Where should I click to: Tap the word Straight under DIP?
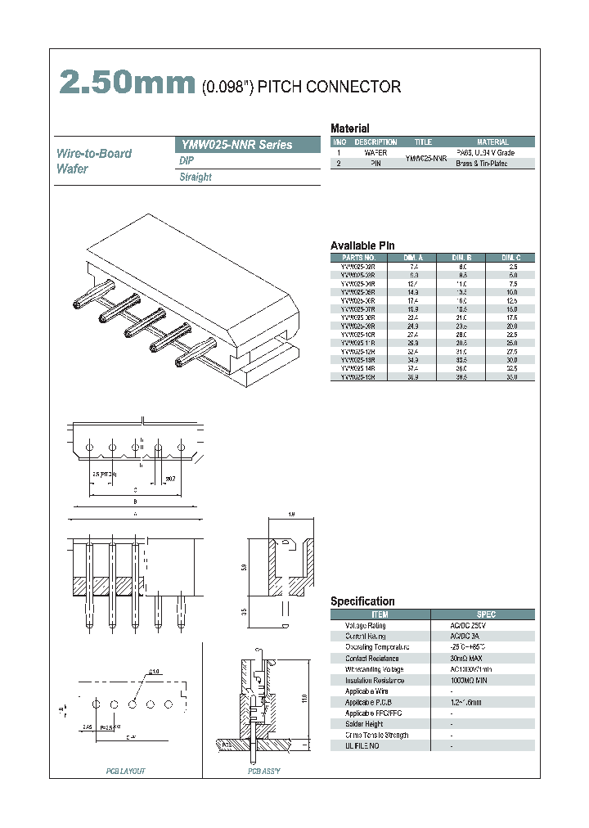(x=196, y=177)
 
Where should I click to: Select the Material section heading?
(x=349, y=128)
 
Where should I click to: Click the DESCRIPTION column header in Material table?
(x=375, y=142)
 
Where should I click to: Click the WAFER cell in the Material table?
(x=375, y=153)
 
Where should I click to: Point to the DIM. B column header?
(x=462, y=258)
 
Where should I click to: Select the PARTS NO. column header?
(x=358, y=258)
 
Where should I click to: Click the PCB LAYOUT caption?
(x=126, y=772)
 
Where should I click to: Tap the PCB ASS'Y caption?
(x=264, y=772)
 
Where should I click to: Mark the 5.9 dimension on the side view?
(x=244, y=567)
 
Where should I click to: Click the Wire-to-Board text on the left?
(x=94, y=153)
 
